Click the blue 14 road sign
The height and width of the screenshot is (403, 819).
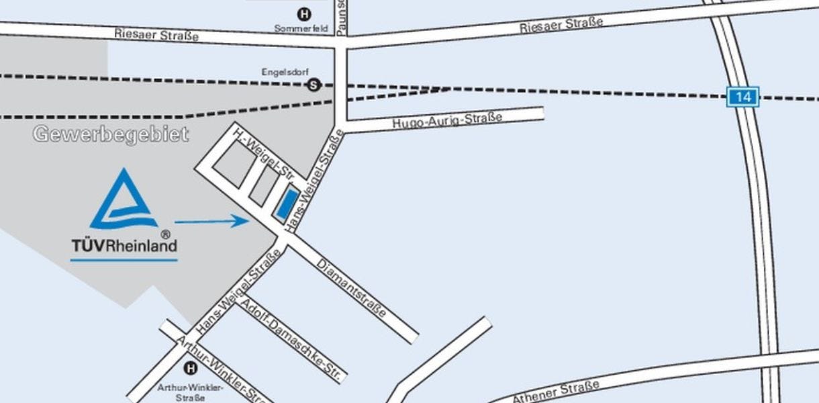click(742, 97)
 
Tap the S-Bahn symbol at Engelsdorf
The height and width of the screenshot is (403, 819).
click(313, 85)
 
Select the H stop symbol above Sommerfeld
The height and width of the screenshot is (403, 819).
click(305, 13)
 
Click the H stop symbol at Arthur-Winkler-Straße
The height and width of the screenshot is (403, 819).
click(191, 367)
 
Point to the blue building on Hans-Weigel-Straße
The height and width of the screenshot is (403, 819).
click(287, 203)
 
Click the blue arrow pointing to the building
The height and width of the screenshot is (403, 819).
click(211, 220)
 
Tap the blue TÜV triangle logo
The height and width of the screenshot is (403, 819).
click(124, 201)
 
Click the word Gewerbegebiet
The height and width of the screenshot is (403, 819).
click(111, 134)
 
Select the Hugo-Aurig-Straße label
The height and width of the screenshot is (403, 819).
click(447, 121)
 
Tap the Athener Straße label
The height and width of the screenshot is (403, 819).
click(555, 392)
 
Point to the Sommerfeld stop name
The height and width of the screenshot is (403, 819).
click(301, 28)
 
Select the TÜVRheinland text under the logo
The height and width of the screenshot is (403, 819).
click(124, 245)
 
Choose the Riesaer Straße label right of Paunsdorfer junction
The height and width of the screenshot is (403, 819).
click(561, 26)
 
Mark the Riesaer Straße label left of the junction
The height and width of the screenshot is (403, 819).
click(156, 34)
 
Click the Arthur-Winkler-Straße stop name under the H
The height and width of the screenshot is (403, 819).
click(181, 392)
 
